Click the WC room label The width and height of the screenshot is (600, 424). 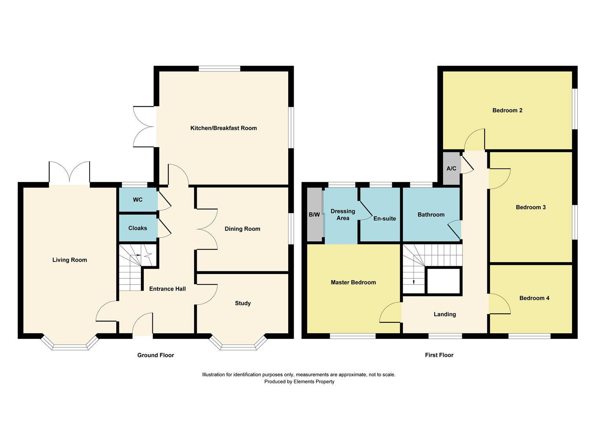[137, 200]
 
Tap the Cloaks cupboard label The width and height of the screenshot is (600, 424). [137, 228]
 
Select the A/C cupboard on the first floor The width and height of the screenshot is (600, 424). [451, 168]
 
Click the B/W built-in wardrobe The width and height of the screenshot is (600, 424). [314, 215]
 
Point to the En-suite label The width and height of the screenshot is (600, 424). [384, 219]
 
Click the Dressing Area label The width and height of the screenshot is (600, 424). [343, 215]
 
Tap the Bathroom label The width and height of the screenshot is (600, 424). [431, 215]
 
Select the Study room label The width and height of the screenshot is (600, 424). [243, 303]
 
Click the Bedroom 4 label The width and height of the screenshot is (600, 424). [534, 298]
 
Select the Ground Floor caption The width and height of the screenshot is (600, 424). [155, 355]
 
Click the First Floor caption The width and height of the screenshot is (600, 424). [439, 355]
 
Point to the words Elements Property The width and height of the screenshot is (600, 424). [314, 382]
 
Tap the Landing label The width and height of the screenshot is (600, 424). [445, 314]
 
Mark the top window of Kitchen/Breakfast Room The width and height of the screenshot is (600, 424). [219, 69]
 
